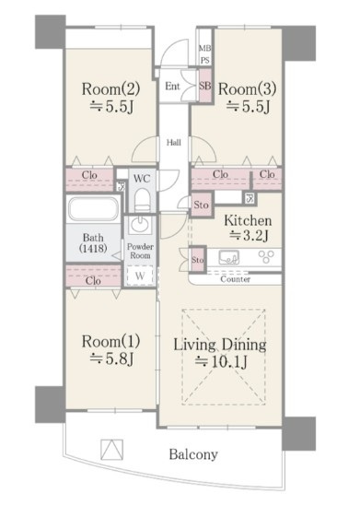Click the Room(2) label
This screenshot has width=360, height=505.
point(110,88)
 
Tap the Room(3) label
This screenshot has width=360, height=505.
point(247,88)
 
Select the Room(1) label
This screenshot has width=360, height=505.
point(110,341)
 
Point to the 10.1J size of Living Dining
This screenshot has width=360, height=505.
point(221,361)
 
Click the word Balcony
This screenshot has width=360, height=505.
point(193,454)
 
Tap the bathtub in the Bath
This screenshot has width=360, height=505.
point(94,208)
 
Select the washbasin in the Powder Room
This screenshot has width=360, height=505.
point(140,224)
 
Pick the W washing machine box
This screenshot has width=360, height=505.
point(140,276)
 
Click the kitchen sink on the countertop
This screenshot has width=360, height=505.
point(229,257)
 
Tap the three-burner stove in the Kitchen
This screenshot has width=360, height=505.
point(266,256)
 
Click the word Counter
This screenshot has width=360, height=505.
point(235,279)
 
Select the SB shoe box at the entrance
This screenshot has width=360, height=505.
point(205,86)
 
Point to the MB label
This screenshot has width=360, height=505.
point(205,49)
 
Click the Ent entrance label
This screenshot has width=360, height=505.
point(172,86)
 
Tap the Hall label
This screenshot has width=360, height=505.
point(174,142)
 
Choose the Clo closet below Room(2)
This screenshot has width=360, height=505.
point(89,179)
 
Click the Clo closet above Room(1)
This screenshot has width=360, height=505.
point(93,276)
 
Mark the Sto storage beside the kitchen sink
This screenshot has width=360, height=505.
point(198,260)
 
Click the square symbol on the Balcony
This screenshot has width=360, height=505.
point(111,450)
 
